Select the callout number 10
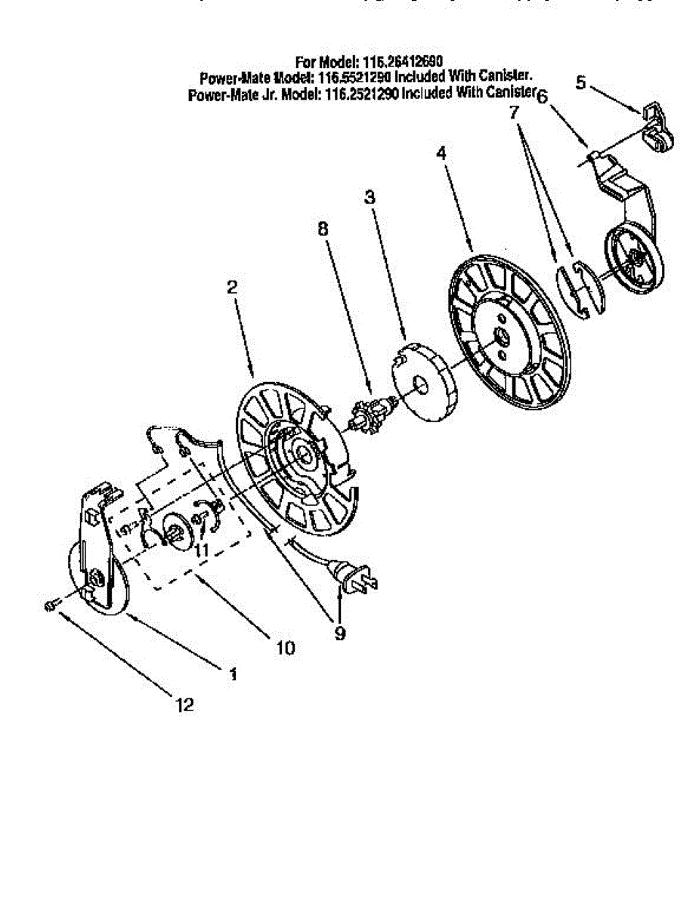(x=286, y=647)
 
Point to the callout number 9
(x=339, y=633)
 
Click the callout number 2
(x=233, y=287)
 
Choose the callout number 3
(x=370, y=198)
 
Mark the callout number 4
(x=441, y=153)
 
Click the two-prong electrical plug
(x=355, y=579)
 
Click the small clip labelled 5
(x=654, y=127)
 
